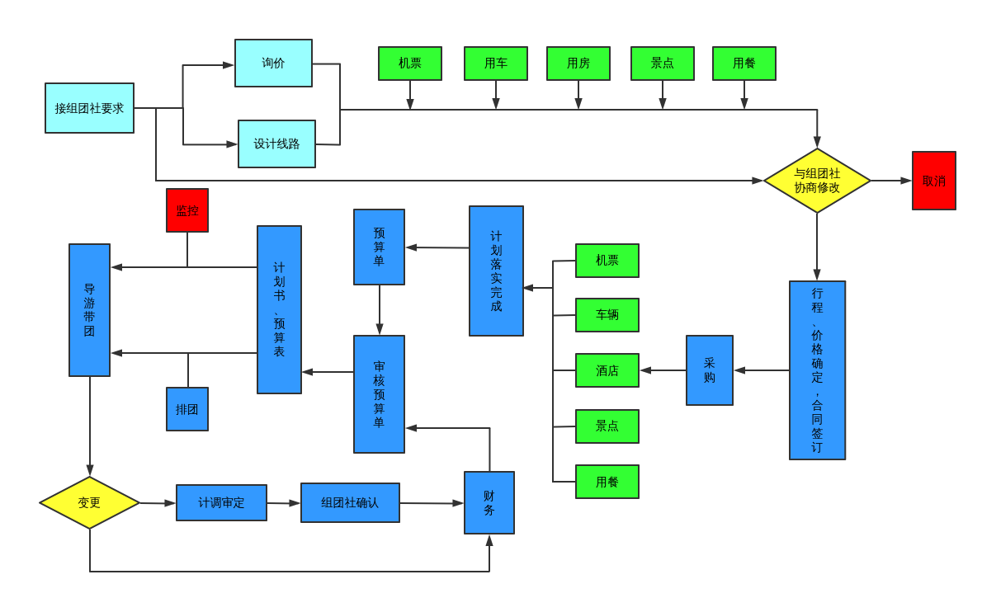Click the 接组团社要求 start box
tap(89, 108)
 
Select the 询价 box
tap(273, 64)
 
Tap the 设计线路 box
tap(276, 144)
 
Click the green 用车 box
tap(495, 64)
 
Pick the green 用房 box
tap(578, 64)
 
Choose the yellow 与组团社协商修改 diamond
tap(817, 181)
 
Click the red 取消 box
tap(933, 181)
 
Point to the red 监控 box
tap(187, 210)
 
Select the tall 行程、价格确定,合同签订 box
tap(817, 370)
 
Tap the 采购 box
tap(709, 370)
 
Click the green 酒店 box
tap(607, 370)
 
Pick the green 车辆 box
tap(607, 315)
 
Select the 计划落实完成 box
tap(496, 271)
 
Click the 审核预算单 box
tap(379, 394)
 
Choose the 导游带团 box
tap(89, 310)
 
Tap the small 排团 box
tap(187, 409)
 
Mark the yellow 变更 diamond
tap(89, 502)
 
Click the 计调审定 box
tap(221, 502)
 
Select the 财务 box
tap(489, 502)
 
